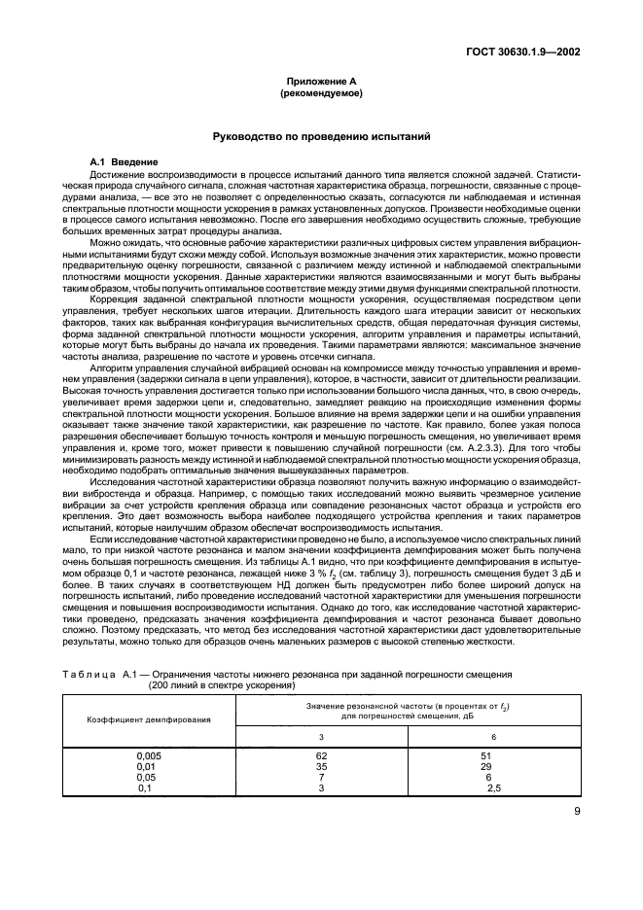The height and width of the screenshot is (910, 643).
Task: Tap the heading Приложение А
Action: (320, 84)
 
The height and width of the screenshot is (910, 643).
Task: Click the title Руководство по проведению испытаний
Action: (320, 137)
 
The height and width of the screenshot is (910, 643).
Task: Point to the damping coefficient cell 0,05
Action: (146, 776)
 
